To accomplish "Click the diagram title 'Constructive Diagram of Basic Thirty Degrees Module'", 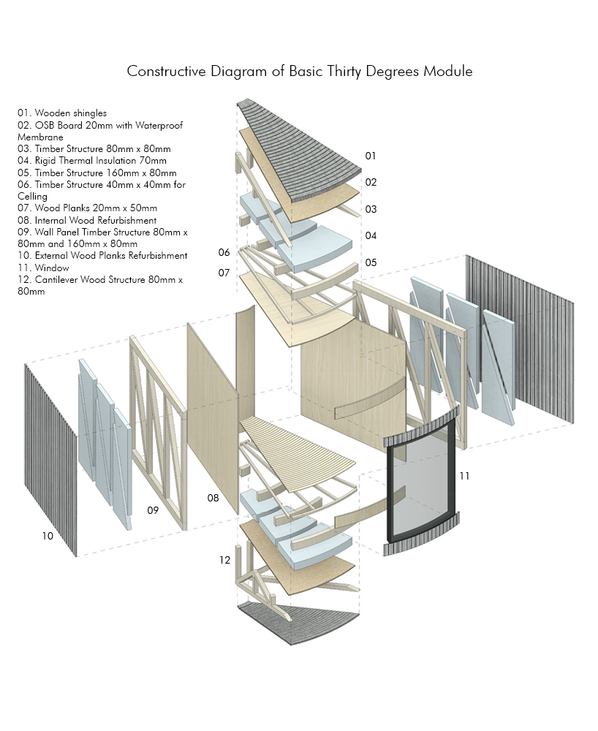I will coord(299,72).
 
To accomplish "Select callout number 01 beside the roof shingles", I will coord(371,156).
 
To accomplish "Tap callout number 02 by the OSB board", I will coord(371,182).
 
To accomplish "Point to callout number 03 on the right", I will coord(371,209).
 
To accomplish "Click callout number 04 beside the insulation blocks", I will coord(371,235).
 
